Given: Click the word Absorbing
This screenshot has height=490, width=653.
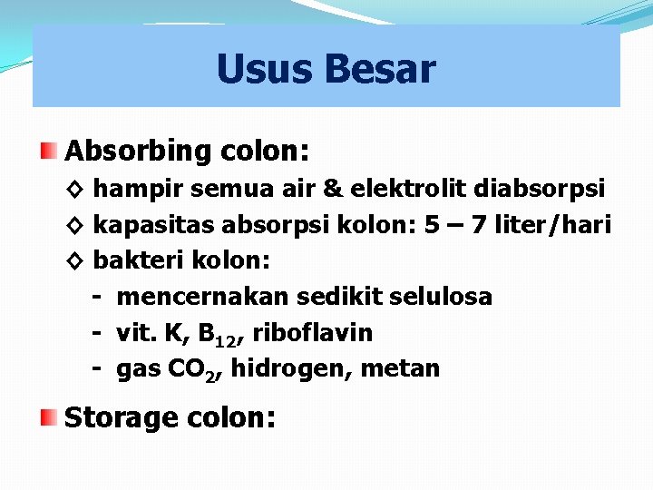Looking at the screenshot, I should click(x=137, y=151).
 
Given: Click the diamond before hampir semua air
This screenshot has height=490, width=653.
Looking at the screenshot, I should click(x=75, y=189).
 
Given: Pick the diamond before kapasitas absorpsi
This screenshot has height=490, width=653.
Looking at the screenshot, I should click(x=75, y=224).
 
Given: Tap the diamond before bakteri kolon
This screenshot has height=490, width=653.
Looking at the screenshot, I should click(x=75, y=260).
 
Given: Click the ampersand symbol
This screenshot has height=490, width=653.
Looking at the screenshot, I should click(x=333, y=188).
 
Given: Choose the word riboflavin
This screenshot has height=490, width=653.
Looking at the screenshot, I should click(x=312, y=333).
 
